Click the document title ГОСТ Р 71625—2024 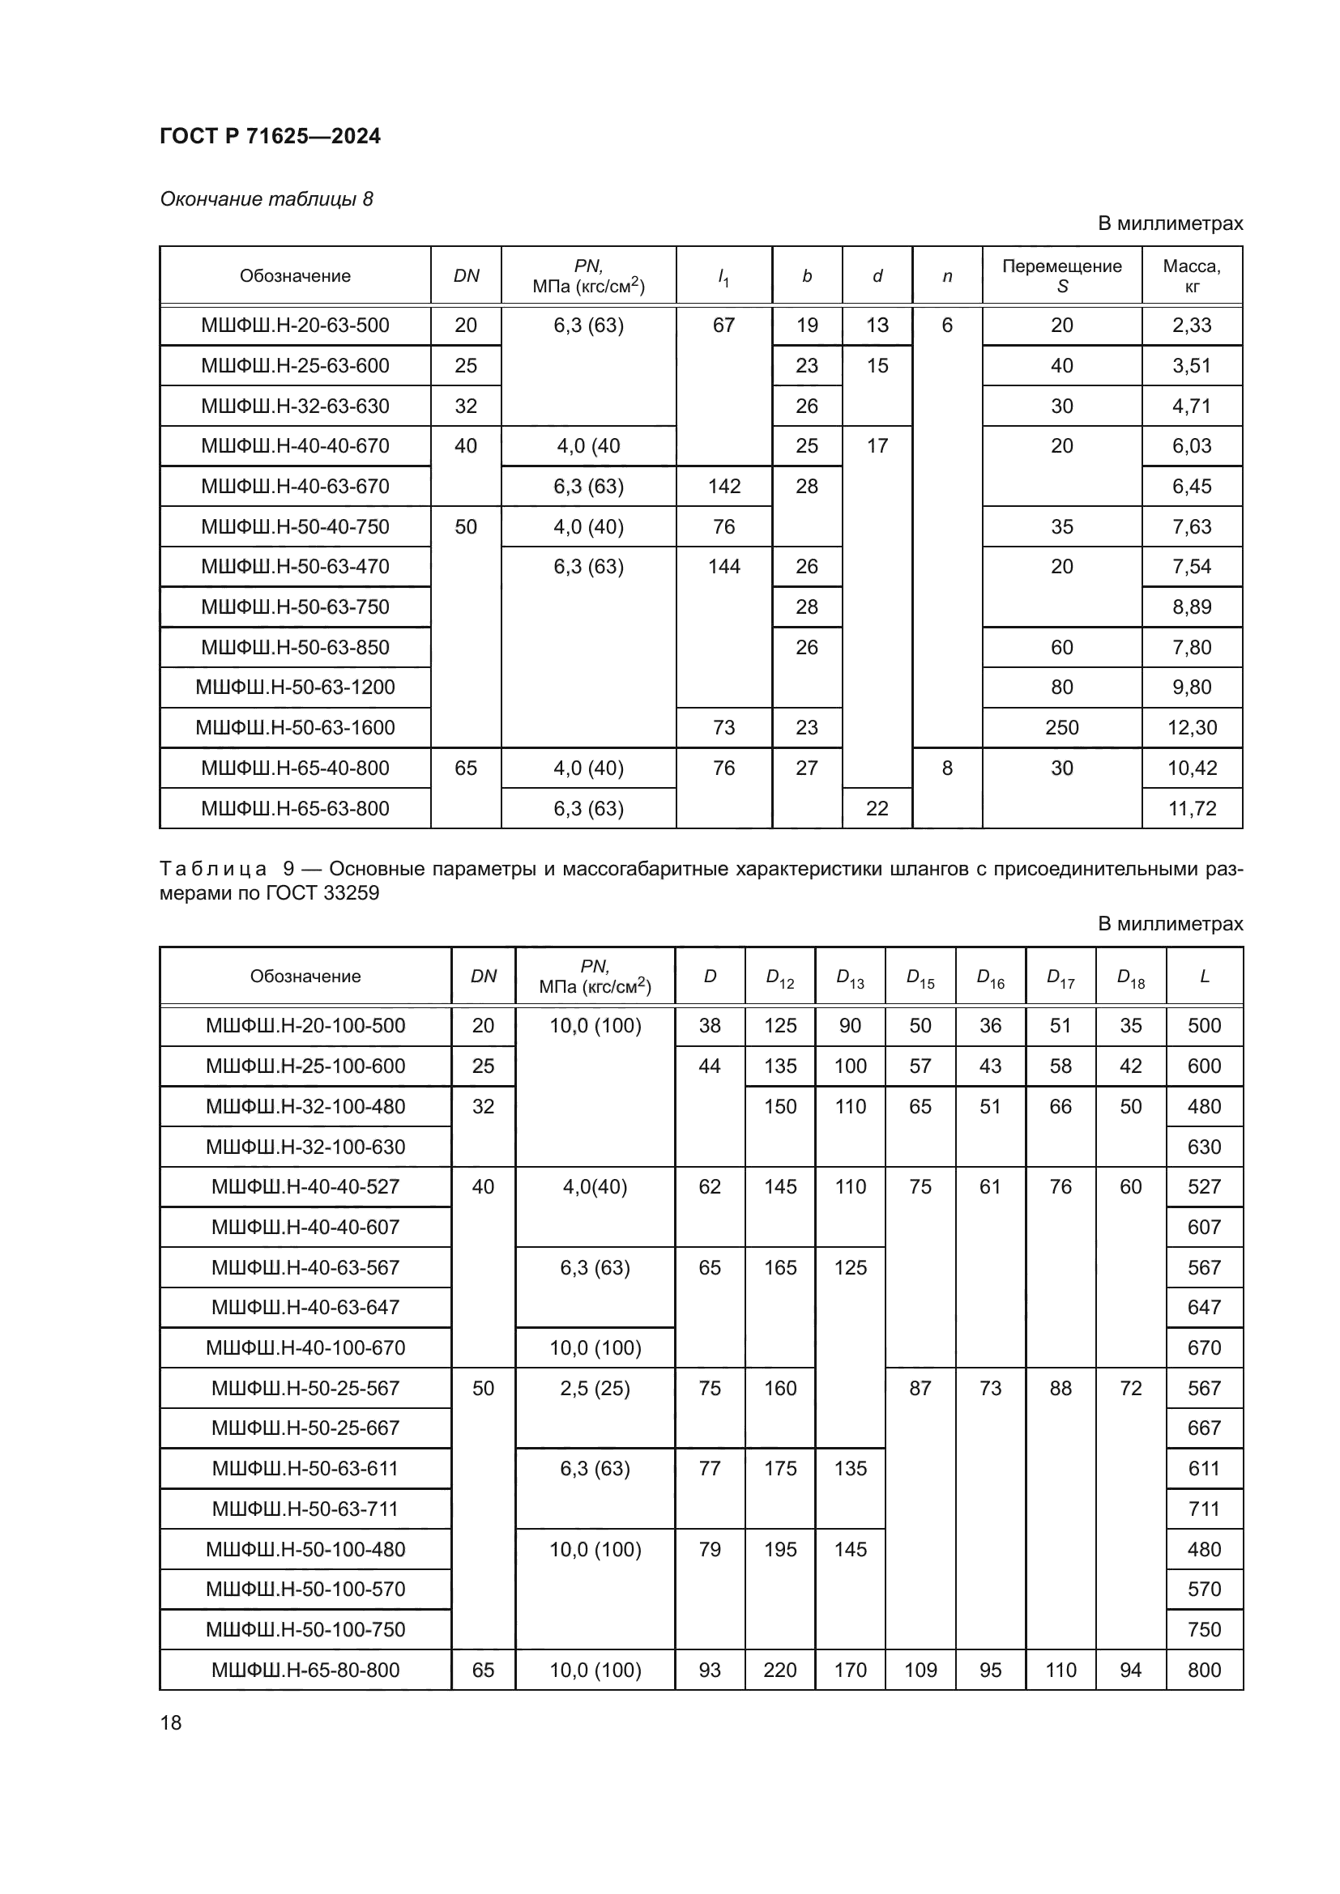(x=270, y=136)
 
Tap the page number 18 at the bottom (x=171, y=1722)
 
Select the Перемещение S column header (x=1061, y=275)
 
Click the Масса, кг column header (x=1192, y=275)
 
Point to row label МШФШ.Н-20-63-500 (x=295, y=325)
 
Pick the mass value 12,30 (x=1192, y=728)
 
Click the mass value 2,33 (x=1192, y=325)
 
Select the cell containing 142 (x=723, y=486)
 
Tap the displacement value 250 (x=1061, y=728)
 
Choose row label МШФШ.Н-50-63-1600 (x=295, y=728)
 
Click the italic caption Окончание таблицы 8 (x=267, y=199)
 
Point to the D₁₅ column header (x=920, y=977)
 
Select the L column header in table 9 (x=1204, y=977)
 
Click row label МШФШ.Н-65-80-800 (x=305, y=1670)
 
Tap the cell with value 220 (x=779, y=1670)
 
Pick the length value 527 (x=1204, y=1186)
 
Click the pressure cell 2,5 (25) (x=595, y=1389)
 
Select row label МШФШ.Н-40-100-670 (x=305, y=1348)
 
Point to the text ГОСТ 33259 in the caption (x=322, y=892)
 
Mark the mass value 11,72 (x=1192, y=808)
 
